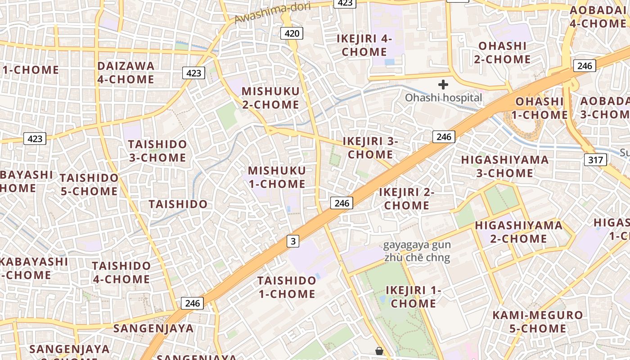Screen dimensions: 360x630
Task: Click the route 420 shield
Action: tap(292, 33)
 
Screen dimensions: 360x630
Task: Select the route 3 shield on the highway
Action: tap(293, 241)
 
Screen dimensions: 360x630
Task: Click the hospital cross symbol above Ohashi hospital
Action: tap(443, 84)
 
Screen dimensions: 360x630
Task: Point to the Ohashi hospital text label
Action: tap(443, 98)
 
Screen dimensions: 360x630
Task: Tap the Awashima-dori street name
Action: tap(266, 13)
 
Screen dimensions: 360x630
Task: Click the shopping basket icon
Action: tap(379, 351)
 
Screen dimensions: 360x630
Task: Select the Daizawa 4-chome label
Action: tap(126, 72)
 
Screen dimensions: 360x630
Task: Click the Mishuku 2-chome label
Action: tap(270, 98)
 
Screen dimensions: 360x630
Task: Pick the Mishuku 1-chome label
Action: tap(277, 177)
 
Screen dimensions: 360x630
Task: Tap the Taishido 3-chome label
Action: tap(157, 151)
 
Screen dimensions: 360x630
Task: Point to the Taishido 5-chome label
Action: tap(89, 184)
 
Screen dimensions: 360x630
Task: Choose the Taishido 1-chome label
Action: tap(287, 287)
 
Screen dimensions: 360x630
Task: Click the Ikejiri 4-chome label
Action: tap(364, 45)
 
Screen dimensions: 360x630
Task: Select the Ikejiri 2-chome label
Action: tap(406, 198)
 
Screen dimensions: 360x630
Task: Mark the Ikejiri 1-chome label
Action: tap(413, 297)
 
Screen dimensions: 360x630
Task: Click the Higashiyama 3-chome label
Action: tap(504, 166)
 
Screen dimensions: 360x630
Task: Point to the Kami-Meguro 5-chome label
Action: tap(537, 322)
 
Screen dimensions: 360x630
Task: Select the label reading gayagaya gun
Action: tap(416, 246)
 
